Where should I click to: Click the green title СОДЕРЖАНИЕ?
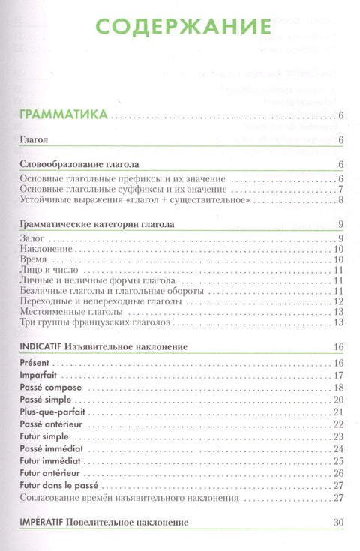[x=179, y=28]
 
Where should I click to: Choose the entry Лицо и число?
[x=46, y=270]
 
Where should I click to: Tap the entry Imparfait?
[x=37, y=375]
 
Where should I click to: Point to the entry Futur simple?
[x=43, y=436]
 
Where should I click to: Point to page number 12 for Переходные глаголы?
[x=338, y=301]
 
